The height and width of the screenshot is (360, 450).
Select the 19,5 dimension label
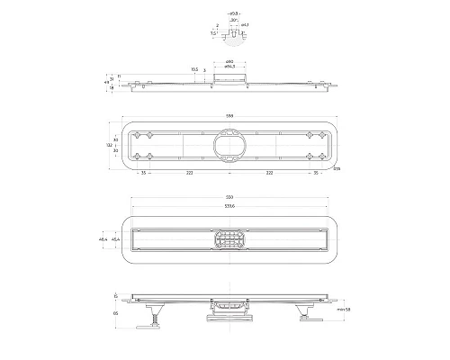pyautogui.click(x=194, y=69)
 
